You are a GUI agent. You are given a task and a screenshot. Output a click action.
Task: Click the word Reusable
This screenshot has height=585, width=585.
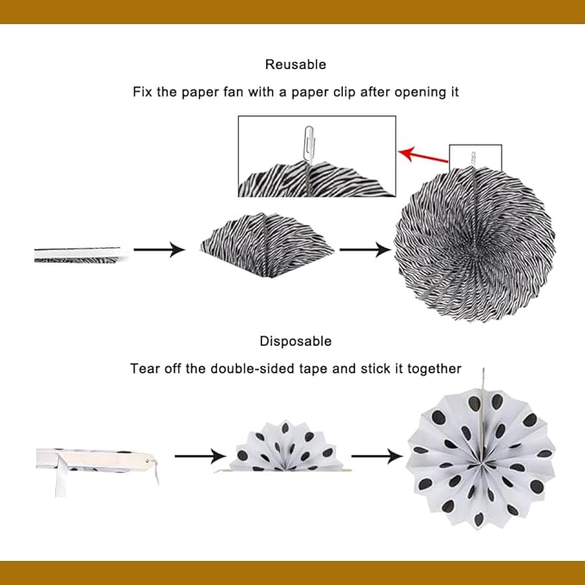tap(296, 65)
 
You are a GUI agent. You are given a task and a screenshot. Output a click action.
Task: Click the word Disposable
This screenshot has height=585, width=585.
tap(296, 341)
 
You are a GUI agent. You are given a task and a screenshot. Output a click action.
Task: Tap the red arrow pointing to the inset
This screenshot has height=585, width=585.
tap(423, 155)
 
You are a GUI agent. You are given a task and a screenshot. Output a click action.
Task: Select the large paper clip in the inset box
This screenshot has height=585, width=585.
tap(308, 144)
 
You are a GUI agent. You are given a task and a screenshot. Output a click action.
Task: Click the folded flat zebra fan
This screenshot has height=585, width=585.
tap(79, 254)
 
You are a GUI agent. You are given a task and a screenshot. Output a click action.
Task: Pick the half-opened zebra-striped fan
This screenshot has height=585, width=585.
tap(267, 246)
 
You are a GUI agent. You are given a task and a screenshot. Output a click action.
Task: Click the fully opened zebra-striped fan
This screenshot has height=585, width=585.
tap(475, 245)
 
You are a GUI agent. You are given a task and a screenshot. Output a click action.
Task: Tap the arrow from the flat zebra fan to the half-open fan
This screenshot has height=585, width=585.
tap(159, 250)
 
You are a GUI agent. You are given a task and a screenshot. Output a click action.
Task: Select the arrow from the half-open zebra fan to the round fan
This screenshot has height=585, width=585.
tap(365, 250)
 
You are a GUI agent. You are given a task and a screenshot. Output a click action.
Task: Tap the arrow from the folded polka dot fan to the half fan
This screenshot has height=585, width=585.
tap(201, 457)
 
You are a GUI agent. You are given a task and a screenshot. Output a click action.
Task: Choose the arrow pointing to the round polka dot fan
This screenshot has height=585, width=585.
tap(377, 457)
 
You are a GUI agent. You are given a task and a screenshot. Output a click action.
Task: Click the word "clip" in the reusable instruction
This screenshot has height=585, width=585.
tap(345, 92)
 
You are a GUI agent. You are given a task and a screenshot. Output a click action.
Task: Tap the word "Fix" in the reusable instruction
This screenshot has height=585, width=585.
tap(142, 92)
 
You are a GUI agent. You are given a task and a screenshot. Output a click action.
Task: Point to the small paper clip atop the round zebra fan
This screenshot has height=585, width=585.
tap(473, 158)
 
